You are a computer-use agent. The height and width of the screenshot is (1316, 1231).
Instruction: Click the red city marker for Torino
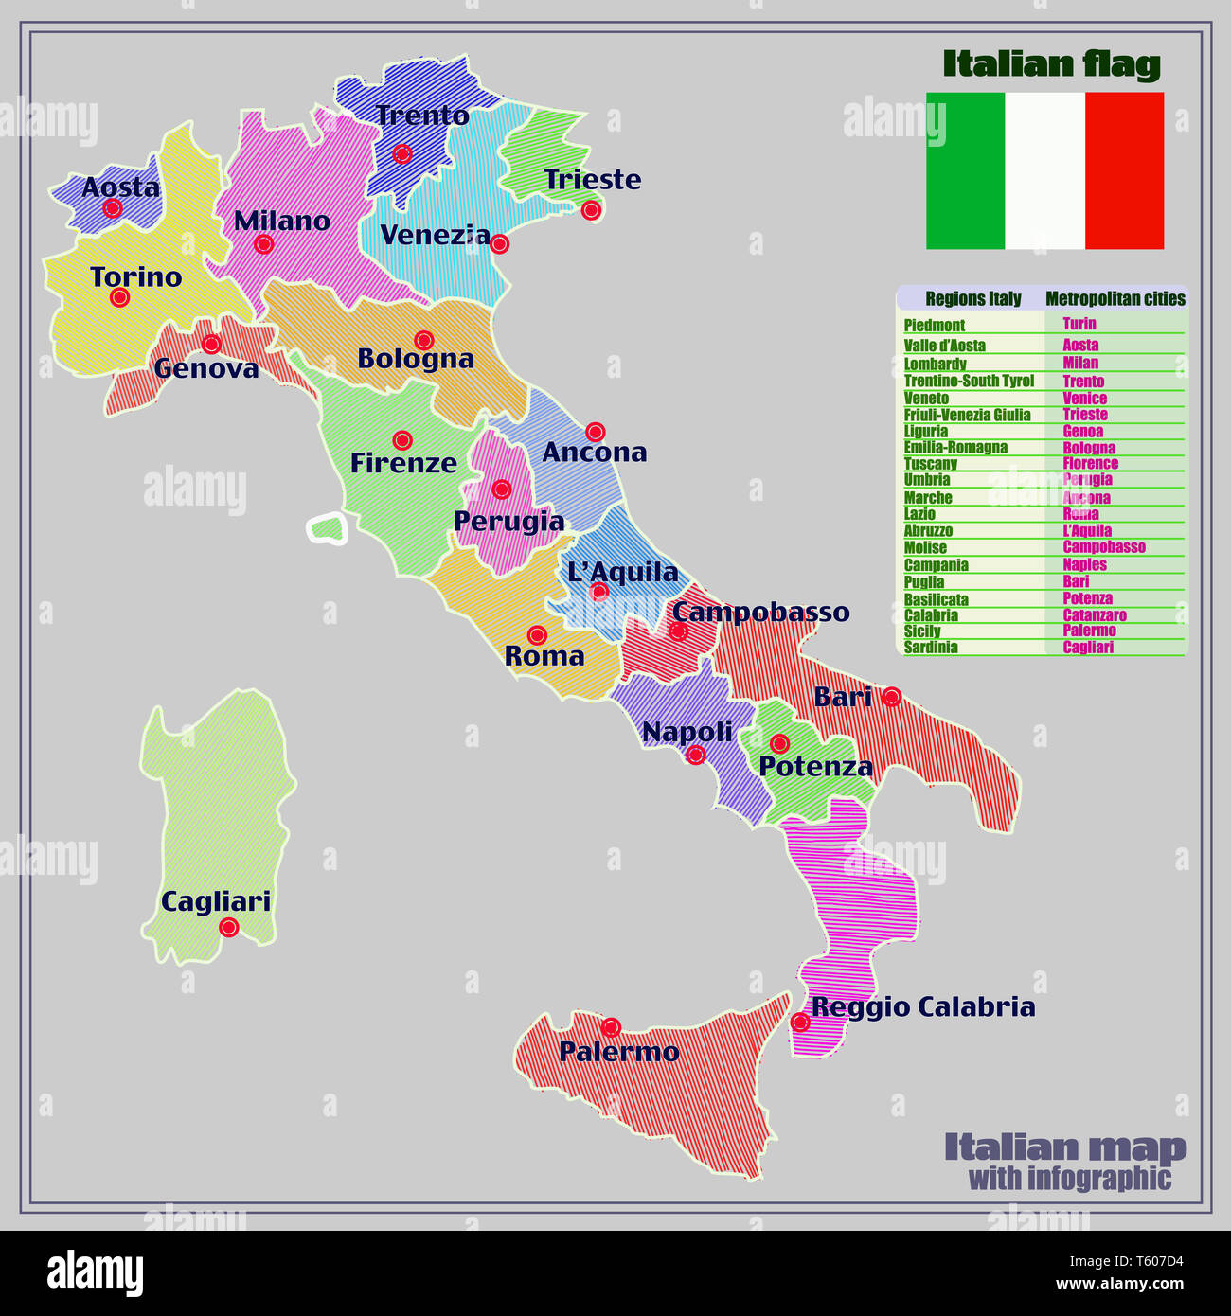pos(119,297)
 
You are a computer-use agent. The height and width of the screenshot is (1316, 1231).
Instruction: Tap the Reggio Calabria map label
pos(923,1006)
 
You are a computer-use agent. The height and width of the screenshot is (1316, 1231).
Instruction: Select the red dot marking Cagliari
pos(228,927)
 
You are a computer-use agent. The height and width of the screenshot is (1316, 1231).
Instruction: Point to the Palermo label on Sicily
pos(618,1052)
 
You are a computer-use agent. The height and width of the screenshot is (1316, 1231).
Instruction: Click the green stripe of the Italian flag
pos(965,170)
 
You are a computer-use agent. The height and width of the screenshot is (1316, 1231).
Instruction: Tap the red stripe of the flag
pos(1124,170)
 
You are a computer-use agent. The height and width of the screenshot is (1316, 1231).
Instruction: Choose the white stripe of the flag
pos(1044,170)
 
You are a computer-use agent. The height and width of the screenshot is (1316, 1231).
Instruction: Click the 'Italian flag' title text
pos(1051,64)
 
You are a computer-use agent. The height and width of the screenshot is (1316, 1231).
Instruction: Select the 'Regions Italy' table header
pos(972,299)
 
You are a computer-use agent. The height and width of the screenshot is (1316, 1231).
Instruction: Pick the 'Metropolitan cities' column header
pos(1115,299)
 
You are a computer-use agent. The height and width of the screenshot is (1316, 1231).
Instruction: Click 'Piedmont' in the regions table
pos(934,325)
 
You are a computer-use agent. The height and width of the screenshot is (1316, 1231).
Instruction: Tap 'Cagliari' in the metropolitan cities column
pos(1088,648)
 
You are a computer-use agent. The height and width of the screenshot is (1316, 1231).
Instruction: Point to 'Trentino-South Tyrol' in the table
pos(969,381)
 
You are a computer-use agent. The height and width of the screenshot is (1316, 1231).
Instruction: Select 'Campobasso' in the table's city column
pos(1103,547)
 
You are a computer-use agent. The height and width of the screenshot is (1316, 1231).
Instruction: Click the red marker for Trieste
pos(591,210)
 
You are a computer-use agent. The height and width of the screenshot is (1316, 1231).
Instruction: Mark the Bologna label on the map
pos(416,360)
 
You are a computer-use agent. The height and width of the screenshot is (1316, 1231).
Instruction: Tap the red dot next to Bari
pos(891,697)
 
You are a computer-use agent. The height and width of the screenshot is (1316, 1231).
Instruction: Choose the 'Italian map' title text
pos(1064,1147)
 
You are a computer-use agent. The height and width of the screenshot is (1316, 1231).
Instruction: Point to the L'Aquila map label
pos(622,572)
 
